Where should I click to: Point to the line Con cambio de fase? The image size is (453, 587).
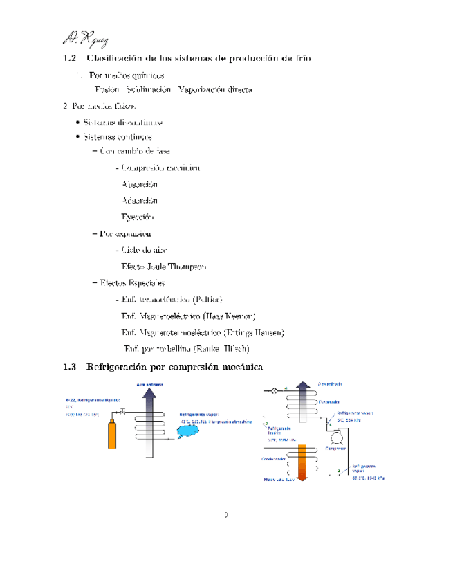pos(134,150)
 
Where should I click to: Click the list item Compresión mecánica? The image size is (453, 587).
pos(160,167)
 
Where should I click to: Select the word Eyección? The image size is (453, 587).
pos(138,217)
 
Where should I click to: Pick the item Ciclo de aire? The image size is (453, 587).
pos(143,249)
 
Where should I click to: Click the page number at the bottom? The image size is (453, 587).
pos(226,515)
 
